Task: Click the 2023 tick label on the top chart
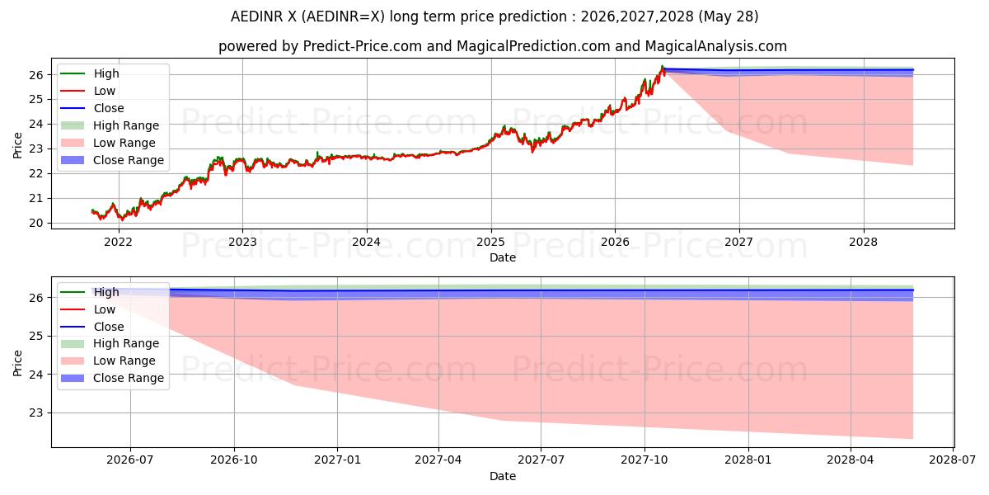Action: tap(242, 243)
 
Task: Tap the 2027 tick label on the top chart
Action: tap(739, 243)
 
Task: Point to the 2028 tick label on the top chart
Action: tap(864, 243)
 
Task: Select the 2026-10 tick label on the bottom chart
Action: tap(234, 460)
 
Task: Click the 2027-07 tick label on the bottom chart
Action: tap(541, 460)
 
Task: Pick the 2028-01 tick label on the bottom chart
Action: tap(748, 460)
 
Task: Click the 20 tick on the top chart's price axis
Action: tap(36, 224)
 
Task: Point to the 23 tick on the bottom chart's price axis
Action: tap(36, 412)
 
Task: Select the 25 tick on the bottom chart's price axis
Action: tap(36, 337)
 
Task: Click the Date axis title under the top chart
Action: tap(503, 257)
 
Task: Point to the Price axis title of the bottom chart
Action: tap(17, 363)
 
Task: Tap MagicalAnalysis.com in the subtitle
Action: tap(715, 46)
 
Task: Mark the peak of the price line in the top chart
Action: tap(662, 66)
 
